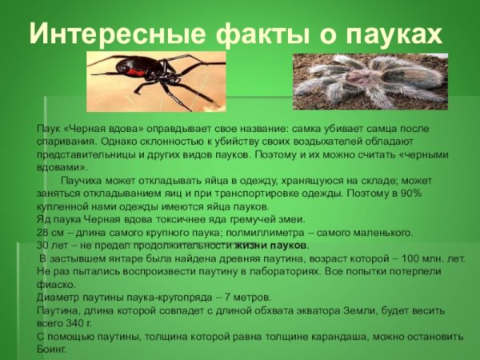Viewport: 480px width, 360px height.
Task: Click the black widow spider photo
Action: point(157,81)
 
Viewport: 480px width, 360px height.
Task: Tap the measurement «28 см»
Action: point(51,233)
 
